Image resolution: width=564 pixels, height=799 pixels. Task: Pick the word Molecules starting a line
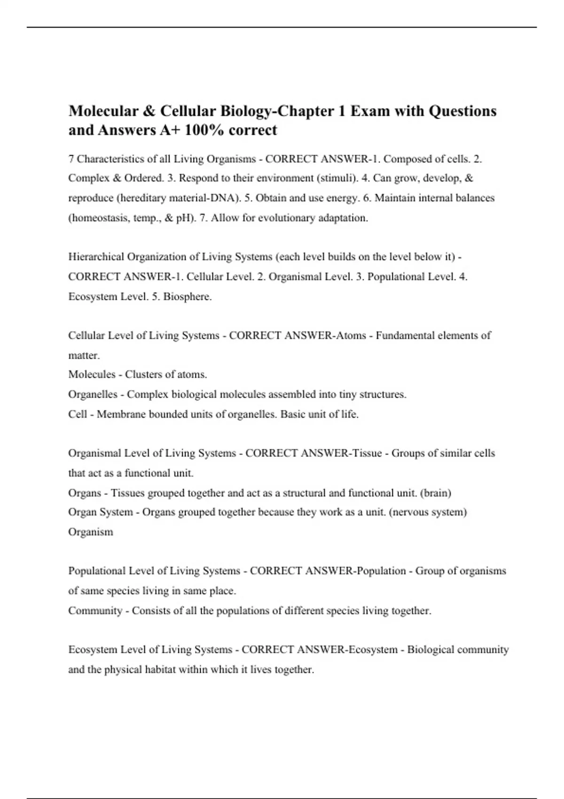tap(92, 375)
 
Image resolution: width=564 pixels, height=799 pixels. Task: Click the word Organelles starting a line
tap(93, 394)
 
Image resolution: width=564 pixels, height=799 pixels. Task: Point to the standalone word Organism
tap(91, 532)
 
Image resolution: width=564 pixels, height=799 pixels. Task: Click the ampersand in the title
tap(149, 111)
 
